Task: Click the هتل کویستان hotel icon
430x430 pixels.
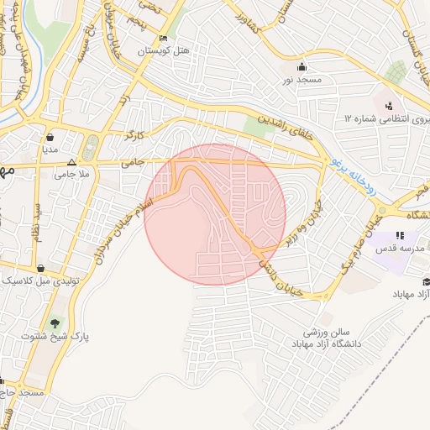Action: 162,39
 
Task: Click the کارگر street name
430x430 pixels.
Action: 135,134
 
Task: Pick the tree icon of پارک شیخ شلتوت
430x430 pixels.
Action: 55,323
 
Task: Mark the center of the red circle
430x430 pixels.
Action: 215,214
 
